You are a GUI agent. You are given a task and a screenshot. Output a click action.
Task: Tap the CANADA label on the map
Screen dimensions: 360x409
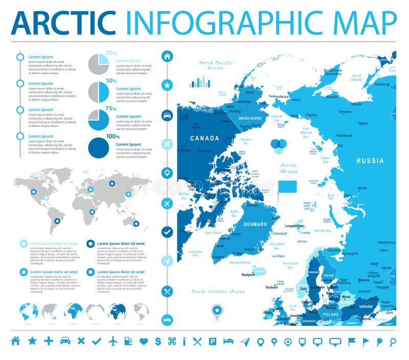[204, 138]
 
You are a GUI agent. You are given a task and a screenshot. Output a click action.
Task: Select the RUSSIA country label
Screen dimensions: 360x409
[370, 161]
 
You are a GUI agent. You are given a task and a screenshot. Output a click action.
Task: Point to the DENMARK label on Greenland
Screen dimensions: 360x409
[255, 224]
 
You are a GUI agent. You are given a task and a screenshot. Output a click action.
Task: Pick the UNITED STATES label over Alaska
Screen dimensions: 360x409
[249, 118]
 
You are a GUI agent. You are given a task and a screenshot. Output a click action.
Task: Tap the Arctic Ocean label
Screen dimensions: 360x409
[289, 168]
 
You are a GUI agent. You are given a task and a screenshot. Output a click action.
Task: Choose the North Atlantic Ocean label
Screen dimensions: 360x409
[218, 291]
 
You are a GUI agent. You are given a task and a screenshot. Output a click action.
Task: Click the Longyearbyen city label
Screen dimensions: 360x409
[294, 226]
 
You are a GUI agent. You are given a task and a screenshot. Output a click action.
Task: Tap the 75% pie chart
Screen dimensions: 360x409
[99, 119]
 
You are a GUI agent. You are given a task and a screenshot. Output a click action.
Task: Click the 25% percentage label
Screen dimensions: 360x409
[111, 52]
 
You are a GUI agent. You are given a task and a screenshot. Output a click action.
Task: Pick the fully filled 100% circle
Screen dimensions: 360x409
[99, 147]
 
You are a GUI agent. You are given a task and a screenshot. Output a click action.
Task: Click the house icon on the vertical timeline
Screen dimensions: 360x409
[167, 56]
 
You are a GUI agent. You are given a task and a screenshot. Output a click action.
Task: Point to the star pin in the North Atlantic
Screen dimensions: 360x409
[217, 310]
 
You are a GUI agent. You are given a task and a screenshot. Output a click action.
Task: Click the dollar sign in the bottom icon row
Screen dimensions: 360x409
[158, 341]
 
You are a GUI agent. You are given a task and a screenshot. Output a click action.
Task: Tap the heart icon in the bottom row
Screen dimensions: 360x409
[143, 341]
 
